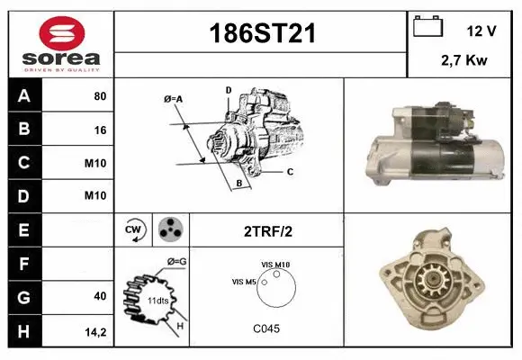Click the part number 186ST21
262,34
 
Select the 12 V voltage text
481,31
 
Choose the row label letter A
23,95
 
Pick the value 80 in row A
99,95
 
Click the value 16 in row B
99,130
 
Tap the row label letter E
23,229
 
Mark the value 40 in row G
99,296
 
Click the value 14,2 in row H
95,330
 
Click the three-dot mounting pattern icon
169,229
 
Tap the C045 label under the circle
266,328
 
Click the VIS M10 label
275,264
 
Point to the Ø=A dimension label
173,98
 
